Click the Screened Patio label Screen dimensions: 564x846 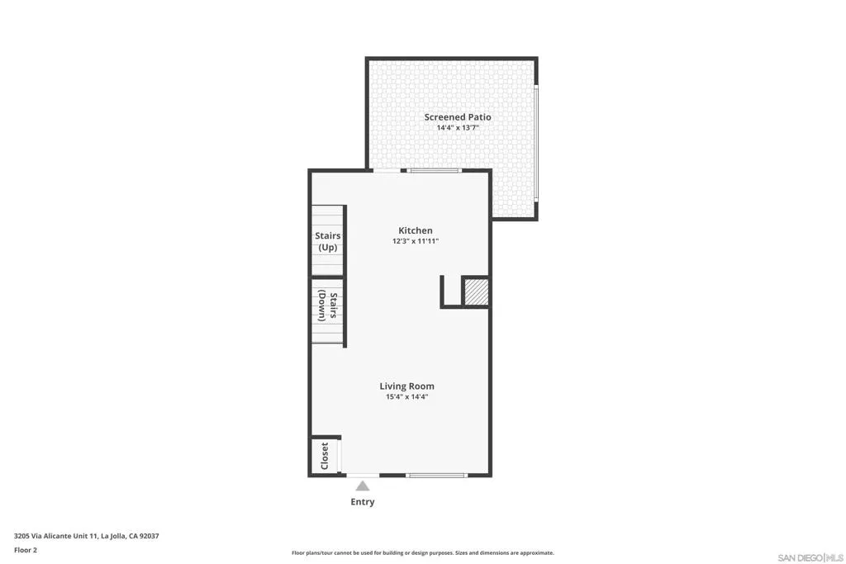pyautogui.click(x=458, y=117)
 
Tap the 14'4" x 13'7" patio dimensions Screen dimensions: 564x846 pyautogui.click(x=458, y=128)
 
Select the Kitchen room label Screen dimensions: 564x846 pyautogui.click(x=415, y=230)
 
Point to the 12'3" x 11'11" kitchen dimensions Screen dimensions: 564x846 pyautogui.click(x=415, y=241)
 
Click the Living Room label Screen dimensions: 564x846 pyautogui.click(x=406, y=386)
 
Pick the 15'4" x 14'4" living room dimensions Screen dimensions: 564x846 pyautogui.click(x=406, y=396)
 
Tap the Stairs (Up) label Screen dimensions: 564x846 pyautogui.click(x=327, y=241)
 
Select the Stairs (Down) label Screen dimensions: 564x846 pyautogui.click(x=327, y=307)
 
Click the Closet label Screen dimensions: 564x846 pyautogui.click(x=325, y=456)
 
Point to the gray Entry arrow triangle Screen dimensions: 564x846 pyautogui.click(x=363, y=486)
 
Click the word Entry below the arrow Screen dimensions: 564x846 pyautogui.click(x=363, y=501)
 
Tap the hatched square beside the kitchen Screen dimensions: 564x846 pyautogui.click(x=475, y=292)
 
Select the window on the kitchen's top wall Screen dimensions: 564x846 pyautogui.click(x=435, y=171)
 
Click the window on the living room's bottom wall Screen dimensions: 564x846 pyautogui.click(x=437, y=475)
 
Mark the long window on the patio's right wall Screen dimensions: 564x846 pyautogui.click(x=535, y=144)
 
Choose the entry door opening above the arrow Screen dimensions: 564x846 pyautogui.click(x=363, y=475)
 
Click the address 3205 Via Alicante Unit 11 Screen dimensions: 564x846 pyautogui.click(x=86, y=536)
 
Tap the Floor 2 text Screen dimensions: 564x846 pyautogui.click(x=26, y=550)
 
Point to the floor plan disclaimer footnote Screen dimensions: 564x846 pyautogui.click(x=422, y=553)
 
